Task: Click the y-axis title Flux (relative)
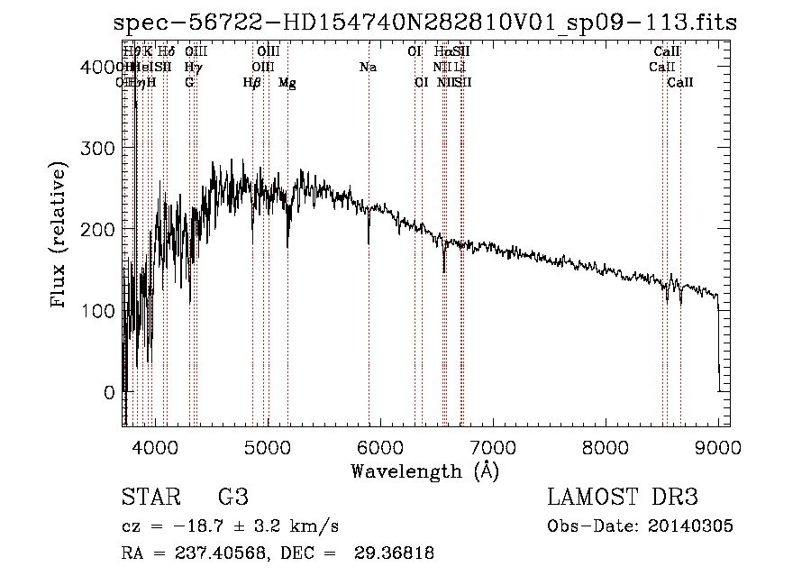pyautogui.click(x=60, y=235)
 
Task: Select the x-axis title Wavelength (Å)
pyautogui.click(x=424, y=471)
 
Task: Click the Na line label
pyautogui.click(x=368, y=68)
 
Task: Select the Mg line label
pyautogui.click(x=287, y=83)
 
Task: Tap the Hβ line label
pyautogui.click(x=252, y=83)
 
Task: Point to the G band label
pyautogui.click(x=189, y=83)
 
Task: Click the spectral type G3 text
pyautogui.click(x=232, y=498)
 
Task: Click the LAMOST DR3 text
pyautogui.click(x=623, y=498)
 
